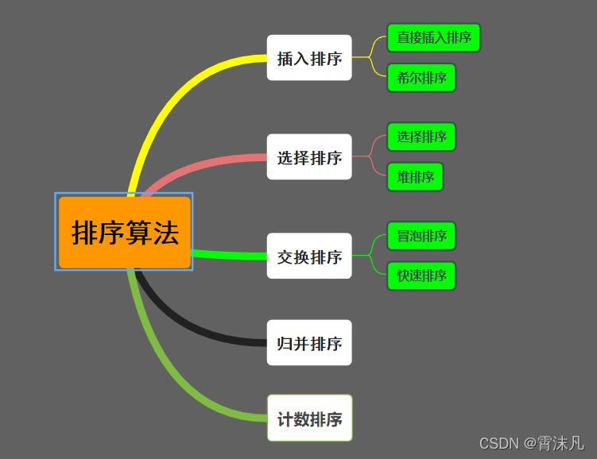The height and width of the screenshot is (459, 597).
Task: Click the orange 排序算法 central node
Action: [x=125, y=232]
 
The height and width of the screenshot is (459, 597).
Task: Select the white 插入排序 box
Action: [x=309, y=58]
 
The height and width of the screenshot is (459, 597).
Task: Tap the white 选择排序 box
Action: [x=309, y=157]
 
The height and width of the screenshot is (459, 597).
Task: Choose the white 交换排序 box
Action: [x=309, y=256]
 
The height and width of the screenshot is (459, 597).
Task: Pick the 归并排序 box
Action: [x=309, y=343]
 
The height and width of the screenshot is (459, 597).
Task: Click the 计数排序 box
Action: [x=309, y=418]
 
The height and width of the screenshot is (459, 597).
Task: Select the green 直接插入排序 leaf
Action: [x=434, y=37]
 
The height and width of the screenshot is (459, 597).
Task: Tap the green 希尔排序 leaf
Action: [x=421, y=78]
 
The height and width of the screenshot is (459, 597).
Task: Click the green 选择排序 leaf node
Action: [x=421, y=137]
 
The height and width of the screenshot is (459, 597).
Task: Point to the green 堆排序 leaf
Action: [x=415, y=176]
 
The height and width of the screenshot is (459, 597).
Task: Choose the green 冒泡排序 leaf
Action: [x=421, y=236]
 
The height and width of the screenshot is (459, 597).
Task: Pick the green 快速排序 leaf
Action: [x=421, y=276]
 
